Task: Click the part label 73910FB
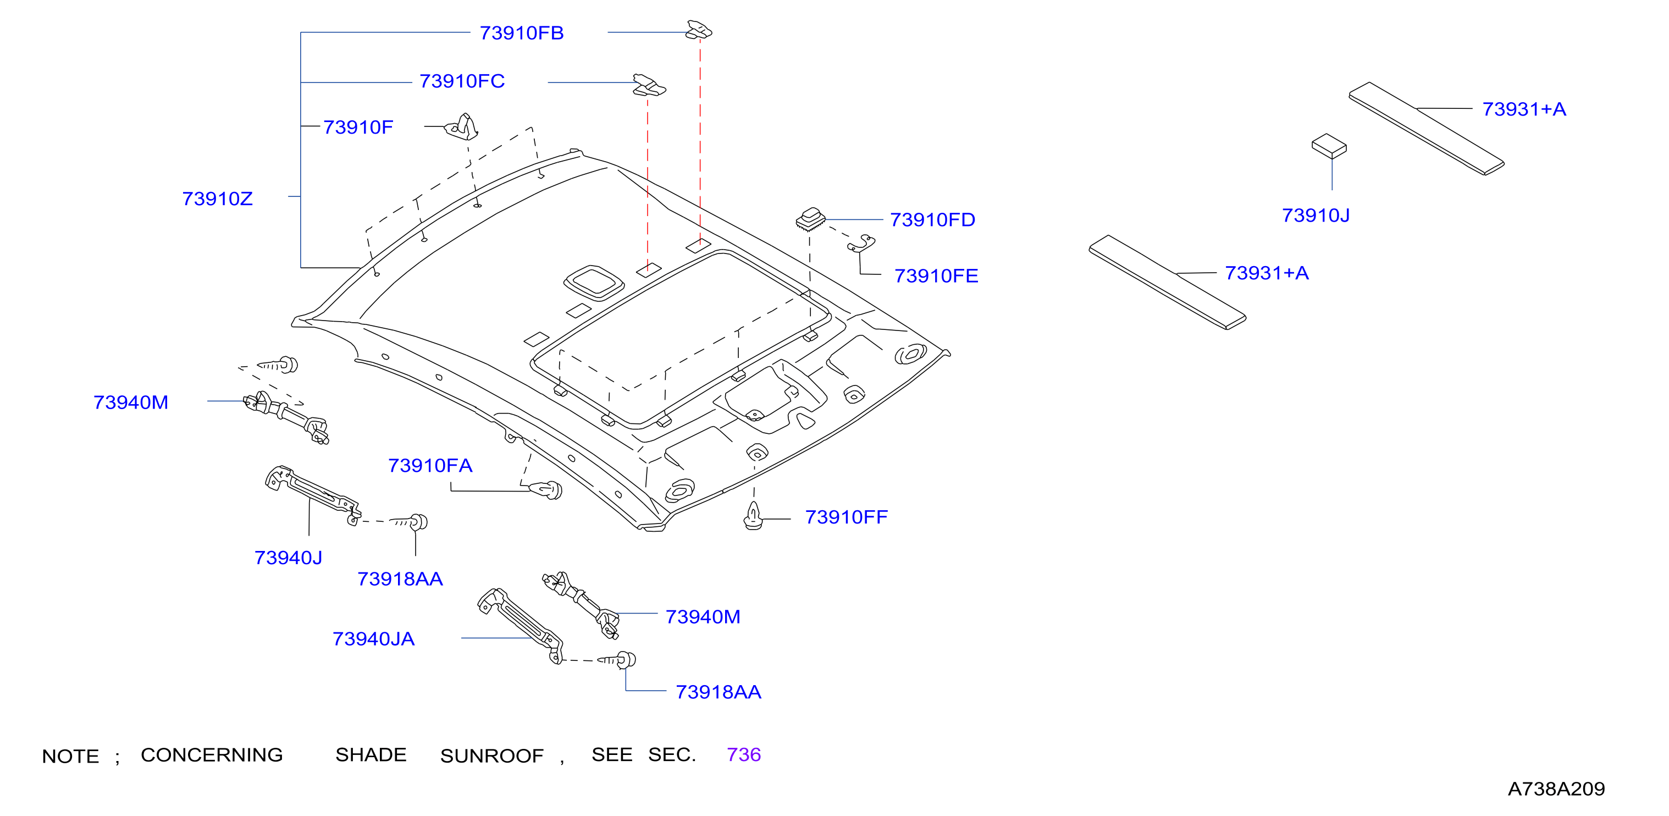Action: (x=522, y=33)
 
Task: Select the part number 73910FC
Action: (x=462, y=81)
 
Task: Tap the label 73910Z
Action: (x=217, y=199)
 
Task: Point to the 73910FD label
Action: (x=932, y=220)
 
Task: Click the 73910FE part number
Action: (x=936, y=276)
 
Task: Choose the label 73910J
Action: (x=1316, y=215)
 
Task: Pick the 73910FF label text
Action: (x=846, y=517)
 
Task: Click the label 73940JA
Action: (x=373, y=639)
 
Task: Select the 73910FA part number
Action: (x=430, y=465)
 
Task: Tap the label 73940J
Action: (x=288, y=558)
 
